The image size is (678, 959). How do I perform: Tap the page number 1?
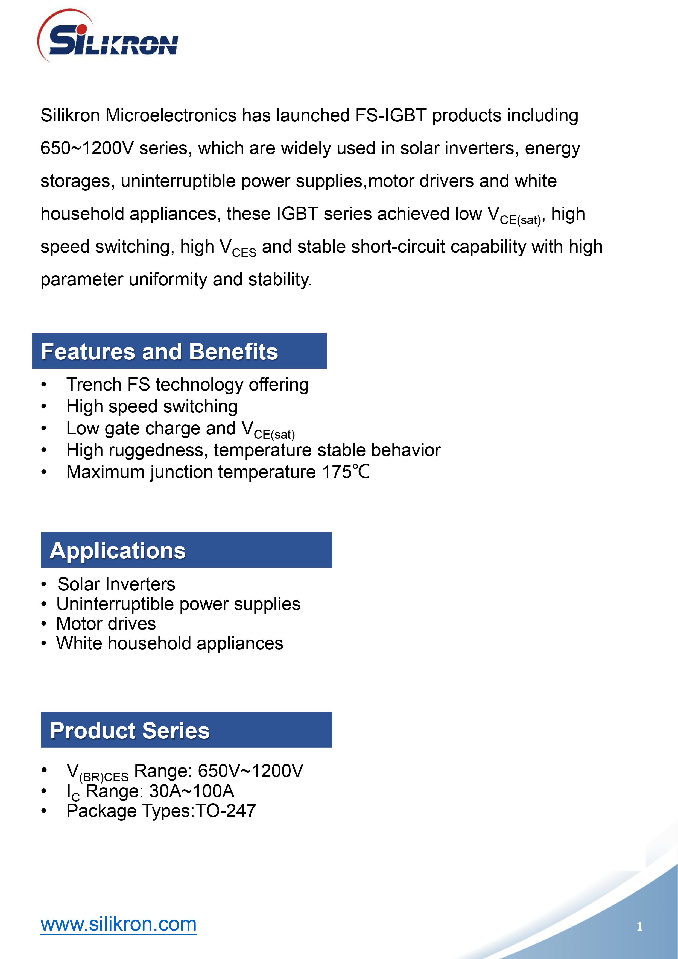tap(639, 926)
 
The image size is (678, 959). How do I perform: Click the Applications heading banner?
tap(186, 550)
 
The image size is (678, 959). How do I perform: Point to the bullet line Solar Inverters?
tap(116, 584)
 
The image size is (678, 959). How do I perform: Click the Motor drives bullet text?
tap(106, 624)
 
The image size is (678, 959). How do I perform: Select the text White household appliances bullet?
tap(169, 643)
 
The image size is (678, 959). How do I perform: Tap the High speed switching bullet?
tap(152, 406)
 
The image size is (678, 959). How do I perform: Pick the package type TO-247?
tap(226, 811)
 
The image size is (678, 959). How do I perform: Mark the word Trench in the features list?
tap(94, 384)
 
